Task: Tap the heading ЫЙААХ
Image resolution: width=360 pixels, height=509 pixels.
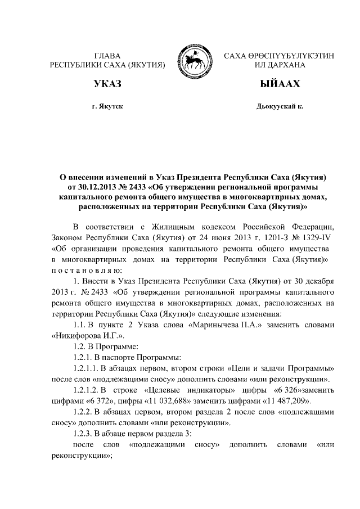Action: (x=279, y=85)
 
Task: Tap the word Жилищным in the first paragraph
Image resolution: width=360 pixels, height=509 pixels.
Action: (x=183, y=227)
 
